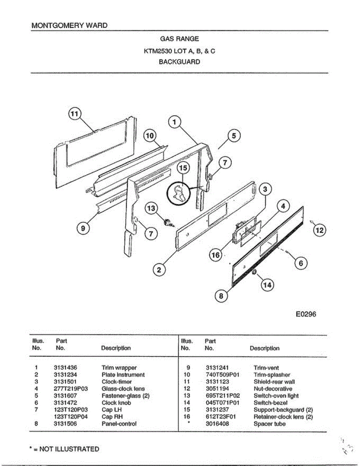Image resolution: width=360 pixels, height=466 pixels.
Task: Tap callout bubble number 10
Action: tap(150, 136)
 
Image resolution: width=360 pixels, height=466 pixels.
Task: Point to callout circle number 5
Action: tap(234, 136)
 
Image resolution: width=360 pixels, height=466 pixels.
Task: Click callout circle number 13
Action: tap(151, 209)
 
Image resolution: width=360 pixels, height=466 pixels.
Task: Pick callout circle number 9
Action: tap(83, 228)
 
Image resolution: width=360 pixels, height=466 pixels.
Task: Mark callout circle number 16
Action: tap(216, 255)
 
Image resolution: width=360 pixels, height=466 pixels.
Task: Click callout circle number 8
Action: tap(221, 296)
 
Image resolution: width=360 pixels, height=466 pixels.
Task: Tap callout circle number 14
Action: tap(267, 285)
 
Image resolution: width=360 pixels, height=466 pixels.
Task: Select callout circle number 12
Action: tap(320, 230)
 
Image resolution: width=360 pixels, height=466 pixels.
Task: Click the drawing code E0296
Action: tap(306, 314)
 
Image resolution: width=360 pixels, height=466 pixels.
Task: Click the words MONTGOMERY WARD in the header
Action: tap(70, 26)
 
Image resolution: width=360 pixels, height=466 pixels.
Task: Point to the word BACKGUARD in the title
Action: tap(179, 62)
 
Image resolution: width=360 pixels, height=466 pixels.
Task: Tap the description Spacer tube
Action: tap(269, 424)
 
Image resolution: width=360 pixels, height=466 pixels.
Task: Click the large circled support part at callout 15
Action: tap(179, 193)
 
